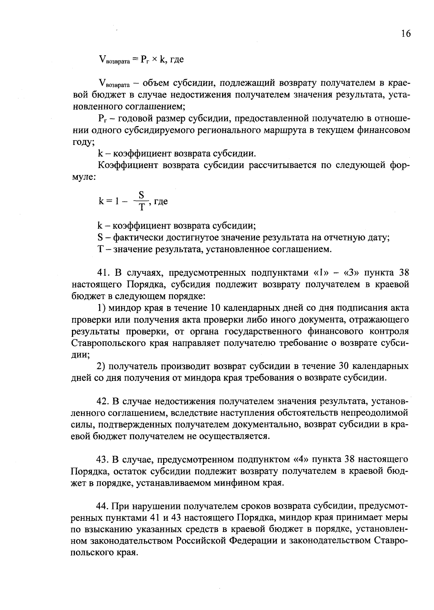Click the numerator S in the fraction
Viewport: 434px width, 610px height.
[x=142, y=196]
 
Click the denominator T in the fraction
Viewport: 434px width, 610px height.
[x=142, y=207]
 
